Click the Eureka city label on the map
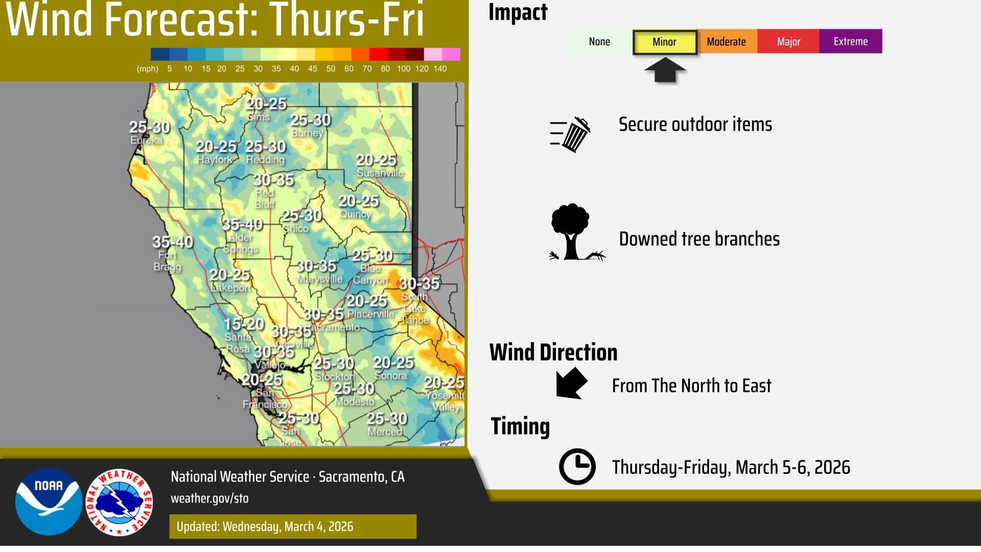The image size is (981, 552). point(147,140)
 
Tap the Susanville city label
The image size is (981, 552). point(380,173)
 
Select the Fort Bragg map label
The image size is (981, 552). point(167,260)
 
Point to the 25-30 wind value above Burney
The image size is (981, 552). point(310,120)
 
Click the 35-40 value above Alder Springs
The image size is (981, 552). point(242,224)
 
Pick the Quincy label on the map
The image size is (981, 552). point(355,214)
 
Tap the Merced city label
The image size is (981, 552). point(385,431)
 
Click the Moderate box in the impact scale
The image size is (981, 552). point(726,41)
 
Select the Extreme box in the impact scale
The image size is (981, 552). point(850,41)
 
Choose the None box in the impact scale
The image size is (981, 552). point(599,41)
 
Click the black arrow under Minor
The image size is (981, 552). point(665,70)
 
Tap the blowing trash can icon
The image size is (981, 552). point(571,134)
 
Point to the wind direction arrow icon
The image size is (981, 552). point(571,383)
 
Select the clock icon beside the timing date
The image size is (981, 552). point(577,466)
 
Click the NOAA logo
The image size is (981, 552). point(49,501)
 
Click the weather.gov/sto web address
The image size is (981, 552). point(209,498)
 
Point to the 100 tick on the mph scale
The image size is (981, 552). point(403,68)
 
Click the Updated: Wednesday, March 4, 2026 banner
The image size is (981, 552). point(293,526)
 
